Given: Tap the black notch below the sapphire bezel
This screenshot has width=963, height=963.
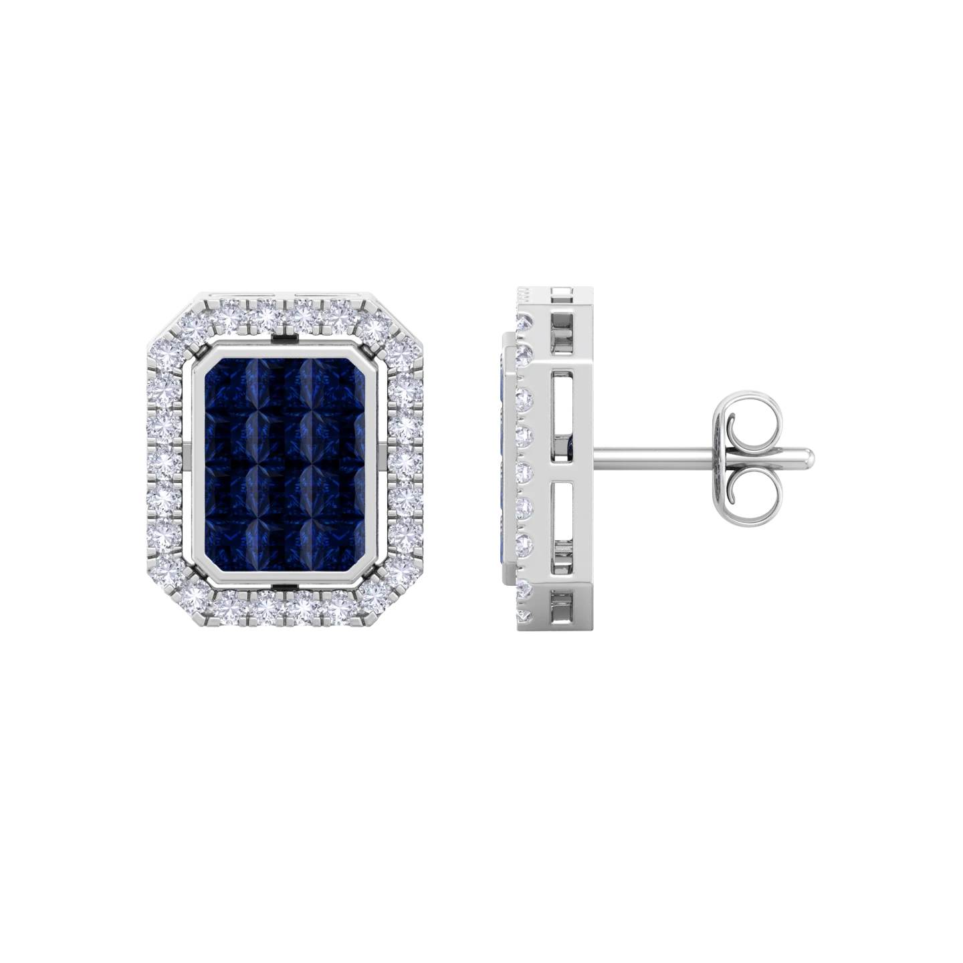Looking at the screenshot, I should [288, 587].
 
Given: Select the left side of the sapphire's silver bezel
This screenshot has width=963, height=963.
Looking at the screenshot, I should [198, 461].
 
